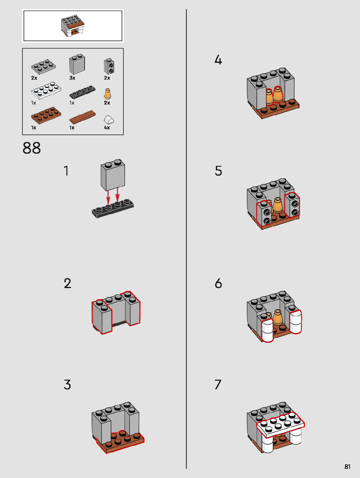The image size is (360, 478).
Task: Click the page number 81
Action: point(347,467)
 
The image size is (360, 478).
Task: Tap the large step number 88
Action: point(32,148)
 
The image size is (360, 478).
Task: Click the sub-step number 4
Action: point(218,60)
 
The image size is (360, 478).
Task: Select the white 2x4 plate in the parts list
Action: point(46,91)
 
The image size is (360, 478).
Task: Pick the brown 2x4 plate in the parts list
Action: point(46,115)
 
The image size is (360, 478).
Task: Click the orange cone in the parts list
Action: point(107,94)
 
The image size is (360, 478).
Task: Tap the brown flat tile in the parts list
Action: point(82,117)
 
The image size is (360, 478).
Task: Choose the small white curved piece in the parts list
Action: point(109,119)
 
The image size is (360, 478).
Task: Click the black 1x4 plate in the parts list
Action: point(82,92)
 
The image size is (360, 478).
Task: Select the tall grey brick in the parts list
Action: point(77,64)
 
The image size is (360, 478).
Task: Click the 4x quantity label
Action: point(107,128)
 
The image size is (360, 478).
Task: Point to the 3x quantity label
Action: point(72,78)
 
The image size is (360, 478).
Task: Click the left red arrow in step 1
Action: point(108,198)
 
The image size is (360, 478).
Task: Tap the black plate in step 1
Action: point(113,208)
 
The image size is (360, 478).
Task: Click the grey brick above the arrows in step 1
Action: point(113,175)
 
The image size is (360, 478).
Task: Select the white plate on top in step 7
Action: point(281,425)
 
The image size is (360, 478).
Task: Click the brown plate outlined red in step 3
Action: point(120,442)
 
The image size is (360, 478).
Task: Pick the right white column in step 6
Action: point(296,322)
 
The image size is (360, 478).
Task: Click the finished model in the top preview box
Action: point(73,26)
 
